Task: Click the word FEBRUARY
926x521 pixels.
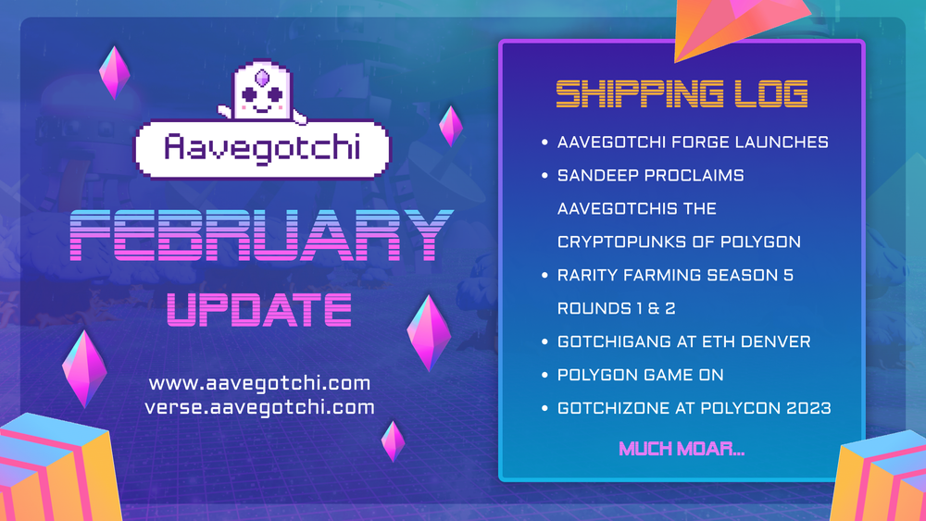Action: coord(263,236)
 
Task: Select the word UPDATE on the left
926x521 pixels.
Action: coord(258,309)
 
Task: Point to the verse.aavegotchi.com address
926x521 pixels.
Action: coord(259,406)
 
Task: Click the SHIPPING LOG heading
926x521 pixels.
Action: coord(682,94)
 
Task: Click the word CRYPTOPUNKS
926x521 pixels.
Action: coord(622,242)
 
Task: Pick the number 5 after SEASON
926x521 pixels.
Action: coord(788,275)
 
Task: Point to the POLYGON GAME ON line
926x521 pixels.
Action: coord(641,375)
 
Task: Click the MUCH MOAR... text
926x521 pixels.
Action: coord(681,450)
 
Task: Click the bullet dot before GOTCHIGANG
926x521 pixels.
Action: coord(544,342)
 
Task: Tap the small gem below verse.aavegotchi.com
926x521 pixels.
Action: coord(394,440)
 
